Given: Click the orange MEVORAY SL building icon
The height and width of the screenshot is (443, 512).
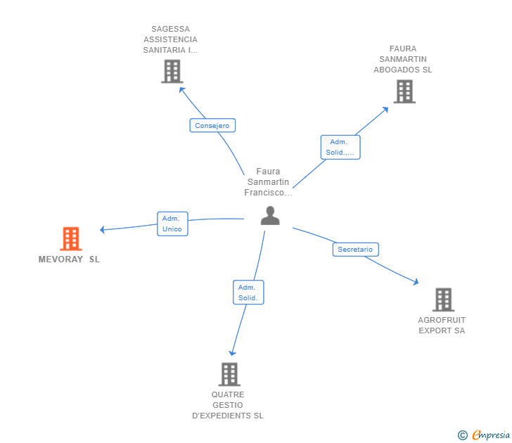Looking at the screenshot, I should [71, 239].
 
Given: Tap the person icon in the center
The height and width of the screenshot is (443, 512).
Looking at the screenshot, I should [270, 216].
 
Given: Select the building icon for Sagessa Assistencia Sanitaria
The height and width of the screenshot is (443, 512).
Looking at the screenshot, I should [172, 71].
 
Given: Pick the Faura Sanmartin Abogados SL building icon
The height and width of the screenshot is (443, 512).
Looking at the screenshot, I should [404, 91].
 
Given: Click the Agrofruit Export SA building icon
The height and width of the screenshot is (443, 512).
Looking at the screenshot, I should [442, 300].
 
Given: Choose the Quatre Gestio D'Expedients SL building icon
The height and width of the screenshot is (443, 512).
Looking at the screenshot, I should [229, 374].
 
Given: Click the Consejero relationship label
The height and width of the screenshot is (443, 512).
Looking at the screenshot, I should [212, 125].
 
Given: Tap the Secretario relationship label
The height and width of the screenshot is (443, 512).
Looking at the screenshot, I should [355, 249].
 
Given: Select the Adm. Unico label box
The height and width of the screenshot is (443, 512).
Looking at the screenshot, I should [172, 224].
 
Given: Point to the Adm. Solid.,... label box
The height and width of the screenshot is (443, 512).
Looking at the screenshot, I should [340, 147].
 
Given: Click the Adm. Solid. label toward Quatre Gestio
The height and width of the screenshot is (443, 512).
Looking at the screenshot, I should [248, 293].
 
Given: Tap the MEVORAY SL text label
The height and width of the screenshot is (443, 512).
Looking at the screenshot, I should [69, 259].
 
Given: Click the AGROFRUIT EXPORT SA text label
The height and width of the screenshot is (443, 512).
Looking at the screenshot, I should [442, 325].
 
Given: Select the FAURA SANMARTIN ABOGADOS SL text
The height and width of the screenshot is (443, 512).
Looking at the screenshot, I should [403, 60].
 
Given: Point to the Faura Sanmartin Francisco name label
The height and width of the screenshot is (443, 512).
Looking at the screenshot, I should [268, 181].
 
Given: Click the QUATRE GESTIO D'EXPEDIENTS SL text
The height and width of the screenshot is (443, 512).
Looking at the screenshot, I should [228, 405].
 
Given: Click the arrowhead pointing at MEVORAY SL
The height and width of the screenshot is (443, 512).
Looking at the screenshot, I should [103, 229].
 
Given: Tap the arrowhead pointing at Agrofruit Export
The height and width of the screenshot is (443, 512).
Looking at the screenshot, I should [416, 282].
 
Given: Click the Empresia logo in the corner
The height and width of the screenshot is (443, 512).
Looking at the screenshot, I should [485, 435].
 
